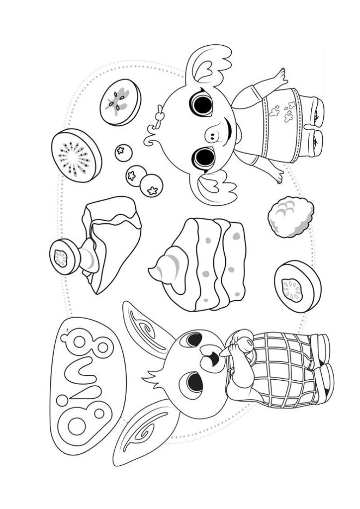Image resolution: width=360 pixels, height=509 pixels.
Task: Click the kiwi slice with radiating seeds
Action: click(76, 155)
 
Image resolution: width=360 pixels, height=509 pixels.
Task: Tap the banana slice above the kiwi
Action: click(120, 102)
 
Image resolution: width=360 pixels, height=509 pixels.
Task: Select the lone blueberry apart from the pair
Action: click(123, 153)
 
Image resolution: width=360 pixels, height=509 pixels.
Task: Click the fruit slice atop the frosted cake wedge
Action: click(65, 257)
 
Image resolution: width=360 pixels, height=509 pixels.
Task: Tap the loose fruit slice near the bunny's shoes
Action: click(297, 286)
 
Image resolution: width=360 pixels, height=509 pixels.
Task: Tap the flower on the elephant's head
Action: click(159, 113)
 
